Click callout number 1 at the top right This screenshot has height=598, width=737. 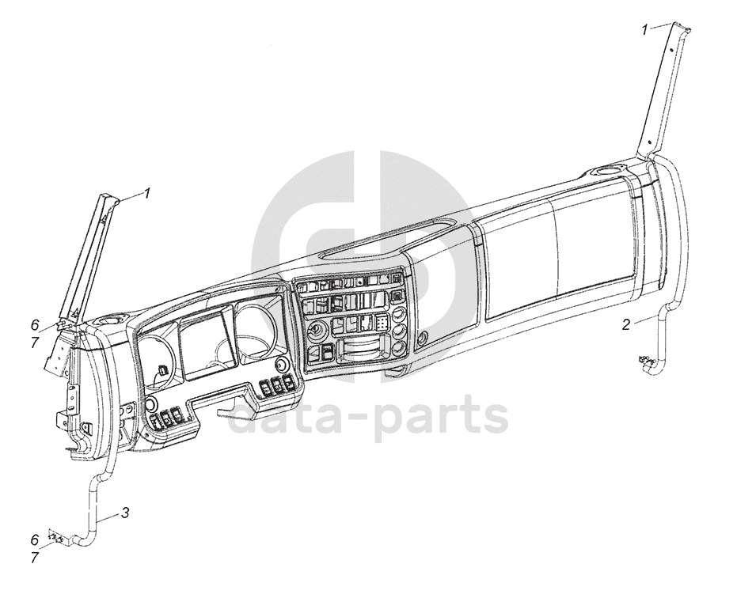coord(645,30)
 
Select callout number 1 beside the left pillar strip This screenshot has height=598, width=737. coord(146,192)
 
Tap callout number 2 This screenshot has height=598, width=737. coord(625,324)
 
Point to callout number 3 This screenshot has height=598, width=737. coord(125,513)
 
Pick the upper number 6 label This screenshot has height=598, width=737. coord(34,324)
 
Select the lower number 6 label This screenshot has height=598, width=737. coord(34,539)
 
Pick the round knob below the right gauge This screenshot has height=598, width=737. coord(281,364)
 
